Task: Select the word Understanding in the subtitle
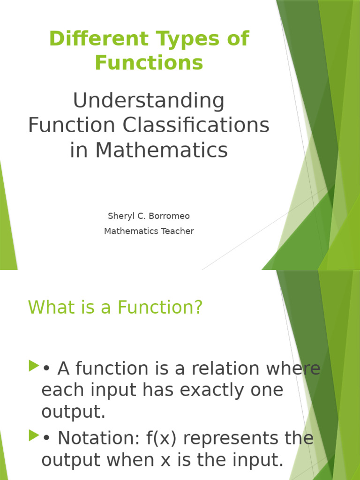pos(149,102)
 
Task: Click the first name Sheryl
pos(121,216)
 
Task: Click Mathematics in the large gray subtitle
pos(162,150)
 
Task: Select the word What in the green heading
pos(48,307)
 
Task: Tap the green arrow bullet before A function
pos(34,366)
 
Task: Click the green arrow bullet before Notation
pos(34,435)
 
